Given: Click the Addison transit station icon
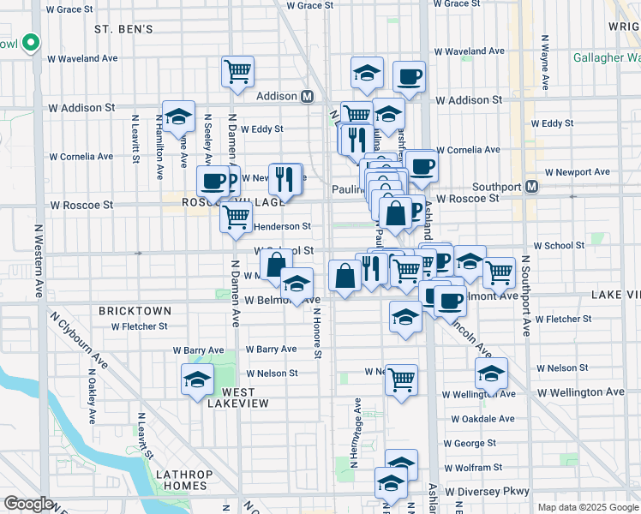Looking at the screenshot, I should click(x=306, y=97).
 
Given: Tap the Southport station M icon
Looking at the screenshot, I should click(x=532, y=186).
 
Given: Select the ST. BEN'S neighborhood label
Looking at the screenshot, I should click(x=123, y=29).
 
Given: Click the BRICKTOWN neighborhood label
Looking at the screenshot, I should click(x=135, y=311).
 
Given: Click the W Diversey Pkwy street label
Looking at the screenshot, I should click(x=488, y=491).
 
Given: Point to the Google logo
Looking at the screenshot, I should click(x=28, y=504).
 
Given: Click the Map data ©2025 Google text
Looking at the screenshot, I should click(x=587, y=507).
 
